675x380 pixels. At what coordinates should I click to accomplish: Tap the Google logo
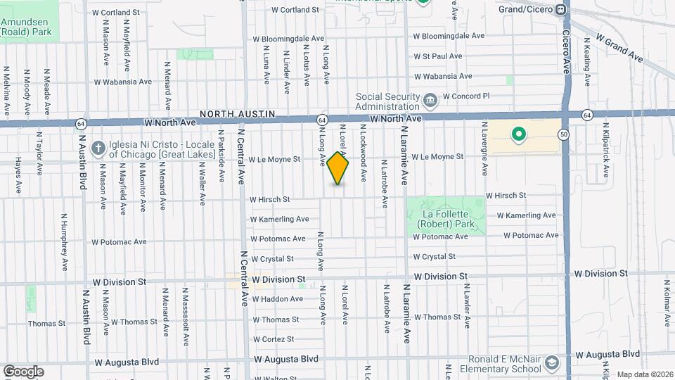pyautogui.click(x=23, y=371)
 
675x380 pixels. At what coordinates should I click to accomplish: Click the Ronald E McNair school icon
pyautogui.click(x=552, y=363)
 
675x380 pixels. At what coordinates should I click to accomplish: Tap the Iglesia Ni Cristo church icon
pyautogui.click(x=98, y=148)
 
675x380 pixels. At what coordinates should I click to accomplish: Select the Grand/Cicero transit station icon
pyautogui.click(x=560, y=9)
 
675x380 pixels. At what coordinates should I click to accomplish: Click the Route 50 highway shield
pyautogui.click(x=564, y=134)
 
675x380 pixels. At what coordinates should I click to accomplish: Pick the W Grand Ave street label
pyautogui.click(x=619, y=47)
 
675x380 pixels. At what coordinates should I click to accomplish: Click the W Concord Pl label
pyautogui.click(x=466, y=96)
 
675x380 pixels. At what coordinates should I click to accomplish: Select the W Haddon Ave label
pyautogui.click(x=277, y=299)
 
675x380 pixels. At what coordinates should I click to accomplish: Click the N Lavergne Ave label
pyautogui.click(x=484, y=149)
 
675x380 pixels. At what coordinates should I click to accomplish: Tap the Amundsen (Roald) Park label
pyautogui.click(x=27, y=27)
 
